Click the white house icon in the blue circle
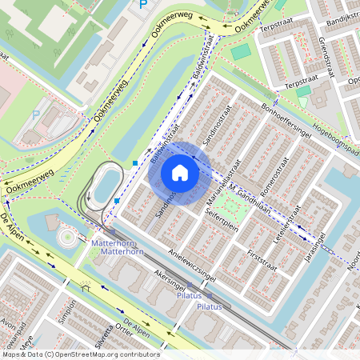180,173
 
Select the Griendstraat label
331,51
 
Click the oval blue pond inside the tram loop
106,186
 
